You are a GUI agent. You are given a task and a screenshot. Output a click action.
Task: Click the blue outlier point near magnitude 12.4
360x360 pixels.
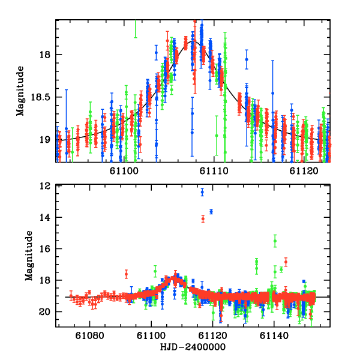[x=202, y=192]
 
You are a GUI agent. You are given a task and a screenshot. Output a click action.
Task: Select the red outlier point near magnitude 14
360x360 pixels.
[x=203, y=219]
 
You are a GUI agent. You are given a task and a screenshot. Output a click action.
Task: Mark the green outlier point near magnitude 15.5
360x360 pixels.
[x=275, y=241]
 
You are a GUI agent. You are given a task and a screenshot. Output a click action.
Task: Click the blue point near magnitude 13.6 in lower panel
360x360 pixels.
[x=211, y=211]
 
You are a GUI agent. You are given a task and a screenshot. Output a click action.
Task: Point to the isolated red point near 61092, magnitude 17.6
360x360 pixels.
[x=126, y=274]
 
